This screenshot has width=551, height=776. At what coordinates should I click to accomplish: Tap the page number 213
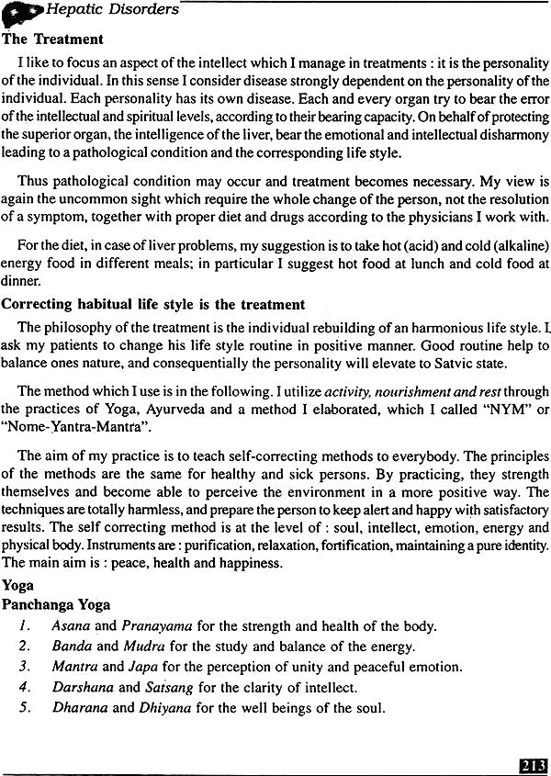(533, 764)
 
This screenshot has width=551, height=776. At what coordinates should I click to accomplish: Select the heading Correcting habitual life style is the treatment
(153, 304)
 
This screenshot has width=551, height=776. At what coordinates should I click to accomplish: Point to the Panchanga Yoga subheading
(56, 605)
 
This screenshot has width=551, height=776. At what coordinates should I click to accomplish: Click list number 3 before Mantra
(25, 667)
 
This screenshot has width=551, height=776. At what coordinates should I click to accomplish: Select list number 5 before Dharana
(25, 707)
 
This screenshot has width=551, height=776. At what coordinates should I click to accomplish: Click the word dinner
(18, 283)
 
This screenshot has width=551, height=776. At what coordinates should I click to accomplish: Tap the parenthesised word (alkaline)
(518, 246)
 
